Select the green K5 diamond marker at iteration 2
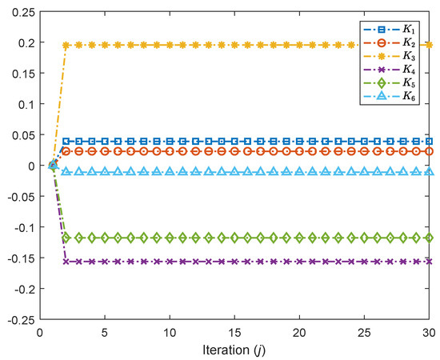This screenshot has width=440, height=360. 66,238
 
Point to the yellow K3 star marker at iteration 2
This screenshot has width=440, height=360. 66,46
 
